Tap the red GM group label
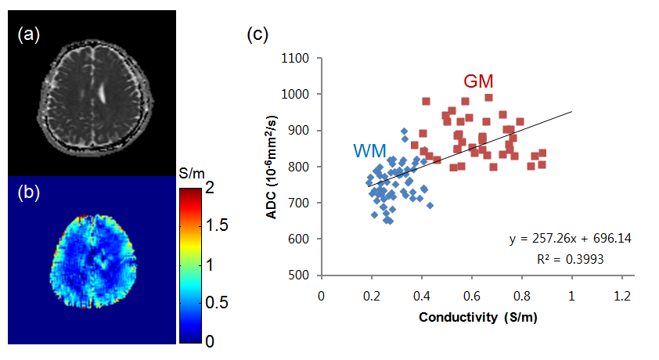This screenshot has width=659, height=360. click(478, 81)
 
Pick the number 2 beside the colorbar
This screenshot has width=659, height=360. click(197, 187)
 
